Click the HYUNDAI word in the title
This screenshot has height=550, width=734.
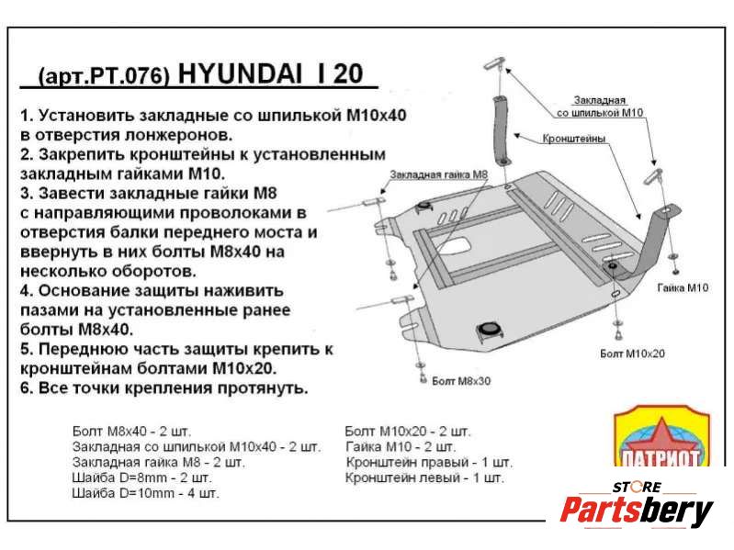pos(241,73)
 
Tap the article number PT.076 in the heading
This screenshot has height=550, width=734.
pos(126,76)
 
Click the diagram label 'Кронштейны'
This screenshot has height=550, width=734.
pos(574,139)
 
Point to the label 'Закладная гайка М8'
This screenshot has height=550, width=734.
pos(438,174)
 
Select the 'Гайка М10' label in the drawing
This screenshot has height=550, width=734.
pos(683,287)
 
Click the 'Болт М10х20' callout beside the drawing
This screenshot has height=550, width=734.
pos(632,354)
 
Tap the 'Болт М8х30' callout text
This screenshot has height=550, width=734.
pos(461,381)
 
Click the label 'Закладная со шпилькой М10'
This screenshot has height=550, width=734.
pos(600,107)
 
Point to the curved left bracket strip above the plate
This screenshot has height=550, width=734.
pos(503,129)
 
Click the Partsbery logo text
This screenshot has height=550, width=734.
pos(637,511)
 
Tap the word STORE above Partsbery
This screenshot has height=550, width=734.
pos(637,488)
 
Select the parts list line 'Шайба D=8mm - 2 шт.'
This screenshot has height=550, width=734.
pos(141,477)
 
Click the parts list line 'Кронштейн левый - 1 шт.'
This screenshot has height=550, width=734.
pos(424,477)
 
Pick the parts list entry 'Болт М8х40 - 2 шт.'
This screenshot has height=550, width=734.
pos(131,431)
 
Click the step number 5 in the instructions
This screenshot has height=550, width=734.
pos(27,349)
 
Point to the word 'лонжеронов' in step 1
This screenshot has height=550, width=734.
pos(178,135)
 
